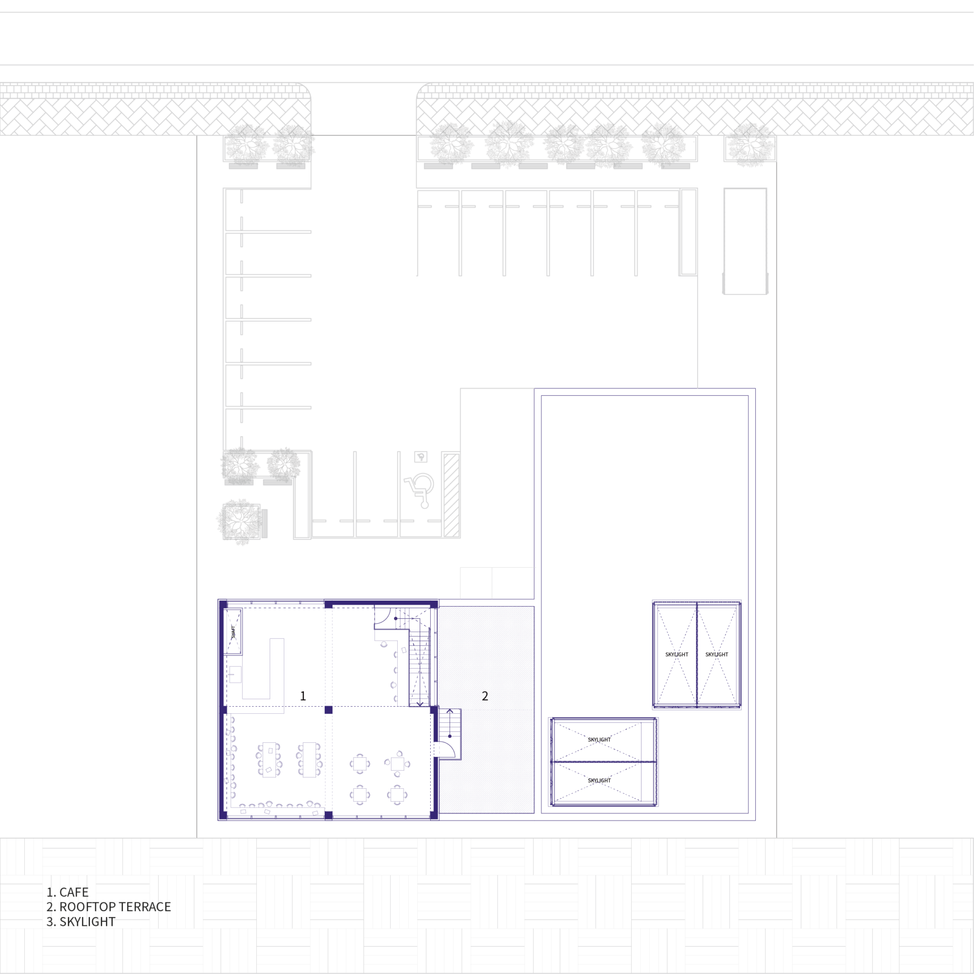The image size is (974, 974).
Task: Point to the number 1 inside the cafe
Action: (x=303, y=696)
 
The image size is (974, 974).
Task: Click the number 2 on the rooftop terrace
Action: (x=485, y=696)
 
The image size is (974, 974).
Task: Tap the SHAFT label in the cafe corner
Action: (x=233, y=632)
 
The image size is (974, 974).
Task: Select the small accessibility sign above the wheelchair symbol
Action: (x=421, y=457)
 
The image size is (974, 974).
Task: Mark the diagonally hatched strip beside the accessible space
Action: (x=451, y=495)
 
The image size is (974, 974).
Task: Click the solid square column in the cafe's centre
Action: (x=328, y=710)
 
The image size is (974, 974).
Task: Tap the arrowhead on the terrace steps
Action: (x=449, y=711)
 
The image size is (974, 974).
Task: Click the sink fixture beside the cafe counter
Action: (x=235, y=674)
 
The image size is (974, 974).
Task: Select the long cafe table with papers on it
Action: (x=269, y=759)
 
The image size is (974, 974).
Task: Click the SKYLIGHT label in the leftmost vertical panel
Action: (x=677, y=654)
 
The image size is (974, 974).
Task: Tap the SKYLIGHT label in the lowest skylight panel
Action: (x=599, y=780)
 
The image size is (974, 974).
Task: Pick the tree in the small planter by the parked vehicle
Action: (x=750, y=144)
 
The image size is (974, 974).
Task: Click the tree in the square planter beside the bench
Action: (x=240, y=521)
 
